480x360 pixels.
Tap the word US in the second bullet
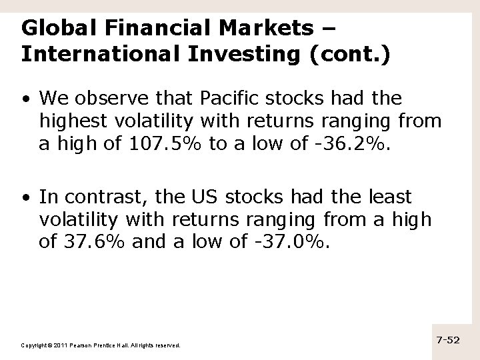point(199,197)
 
